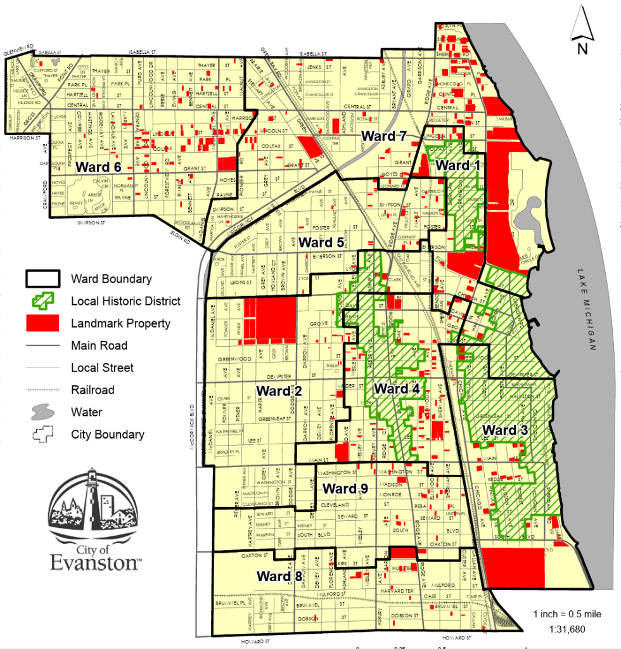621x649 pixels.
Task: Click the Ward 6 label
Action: point(98,166)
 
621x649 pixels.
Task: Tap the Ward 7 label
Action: point(383,135)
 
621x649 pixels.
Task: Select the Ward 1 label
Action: point(459,165)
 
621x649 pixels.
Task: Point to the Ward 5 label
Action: point(321,242)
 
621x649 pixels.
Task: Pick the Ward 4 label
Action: point(397,389)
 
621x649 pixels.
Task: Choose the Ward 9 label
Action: point(345,489)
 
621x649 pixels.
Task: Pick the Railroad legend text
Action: point(93,390)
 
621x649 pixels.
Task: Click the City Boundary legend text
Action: point(108,434)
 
